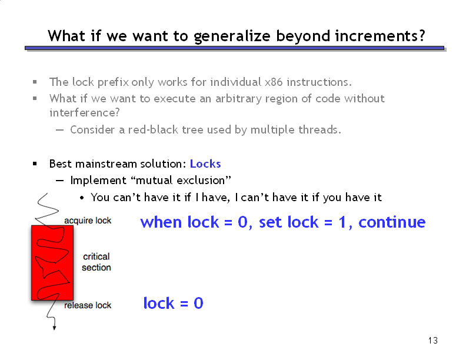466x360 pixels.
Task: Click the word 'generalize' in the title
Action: [232, 36]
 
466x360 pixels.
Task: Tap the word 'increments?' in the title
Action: [381, 36]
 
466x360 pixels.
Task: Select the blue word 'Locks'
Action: [205, 164]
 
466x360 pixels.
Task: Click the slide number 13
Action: [433, 341]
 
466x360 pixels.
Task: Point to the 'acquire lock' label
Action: [88, 221]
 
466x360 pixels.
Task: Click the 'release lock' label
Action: [88, 305]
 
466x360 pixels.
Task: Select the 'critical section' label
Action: [96, 262]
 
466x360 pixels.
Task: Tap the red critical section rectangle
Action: [52, 262]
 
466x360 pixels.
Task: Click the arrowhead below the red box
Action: [54, 328]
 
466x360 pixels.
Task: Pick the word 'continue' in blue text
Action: [392, 222]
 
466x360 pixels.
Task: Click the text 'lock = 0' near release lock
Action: [173, 303]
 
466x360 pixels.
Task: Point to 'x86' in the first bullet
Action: [274, 82]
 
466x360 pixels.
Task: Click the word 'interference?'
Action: [85, 112]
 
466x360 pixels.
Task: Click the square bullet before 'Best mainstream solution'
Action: [35, 164]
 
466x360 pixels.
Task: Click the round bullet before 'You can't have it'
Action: [82, 198]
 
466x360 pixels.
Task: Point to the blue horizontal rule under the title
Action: [235, 48]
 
